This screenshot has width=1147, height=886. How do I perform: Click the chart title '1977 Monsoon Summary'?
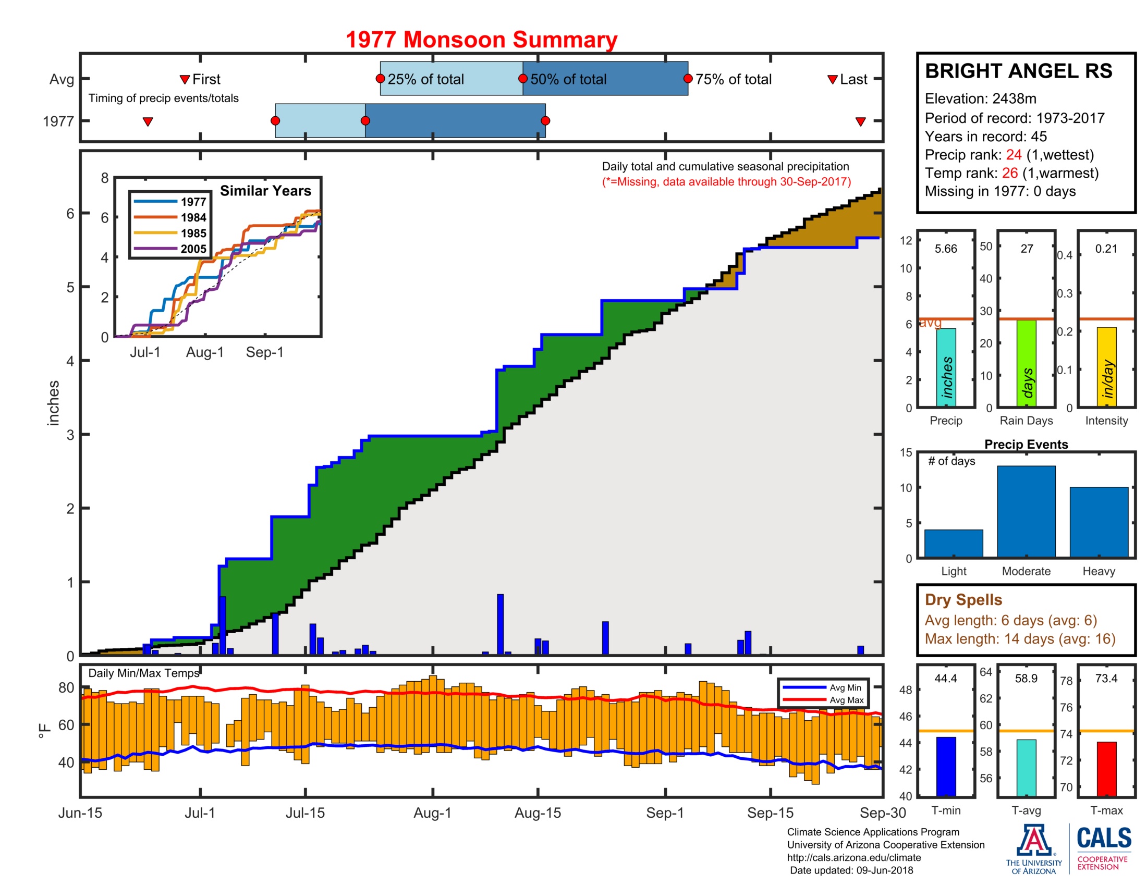click(481, 40)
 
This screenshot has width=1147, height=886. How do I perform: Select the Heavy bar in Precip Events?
click(1098, 522)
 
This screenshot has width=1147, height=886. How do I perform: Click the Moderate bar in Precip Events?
click(1026, 511)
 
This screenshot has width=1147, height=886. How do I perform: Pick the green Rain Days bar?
click(1026, 363)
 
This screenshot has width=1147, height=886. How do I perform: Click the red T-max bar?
click(1106, 768)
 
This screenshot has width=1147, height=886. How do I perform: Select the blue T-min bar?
click(945, 766)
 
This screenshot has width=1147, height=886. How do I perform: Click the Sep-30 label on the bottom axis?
click(882, 813)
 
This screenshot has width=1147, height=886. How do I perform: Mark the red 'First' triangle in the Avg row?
click(185, 79)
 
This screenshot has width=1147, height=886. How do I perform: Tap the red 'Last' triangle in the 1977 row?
click(860, 122)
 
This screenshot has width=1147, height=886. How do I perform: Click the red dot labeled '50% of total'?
click(522, 79)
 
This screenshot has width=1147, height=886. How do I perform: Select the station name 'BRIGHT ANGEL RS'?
click(1018, 71)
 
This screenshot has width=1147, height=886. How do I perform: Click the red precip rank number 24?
click(1013, 155)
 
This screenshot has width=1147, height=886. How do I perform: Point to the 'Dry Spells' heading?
click(963, 599)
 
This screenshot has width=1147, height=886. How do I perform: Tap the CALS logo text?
click(1103, 838)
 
